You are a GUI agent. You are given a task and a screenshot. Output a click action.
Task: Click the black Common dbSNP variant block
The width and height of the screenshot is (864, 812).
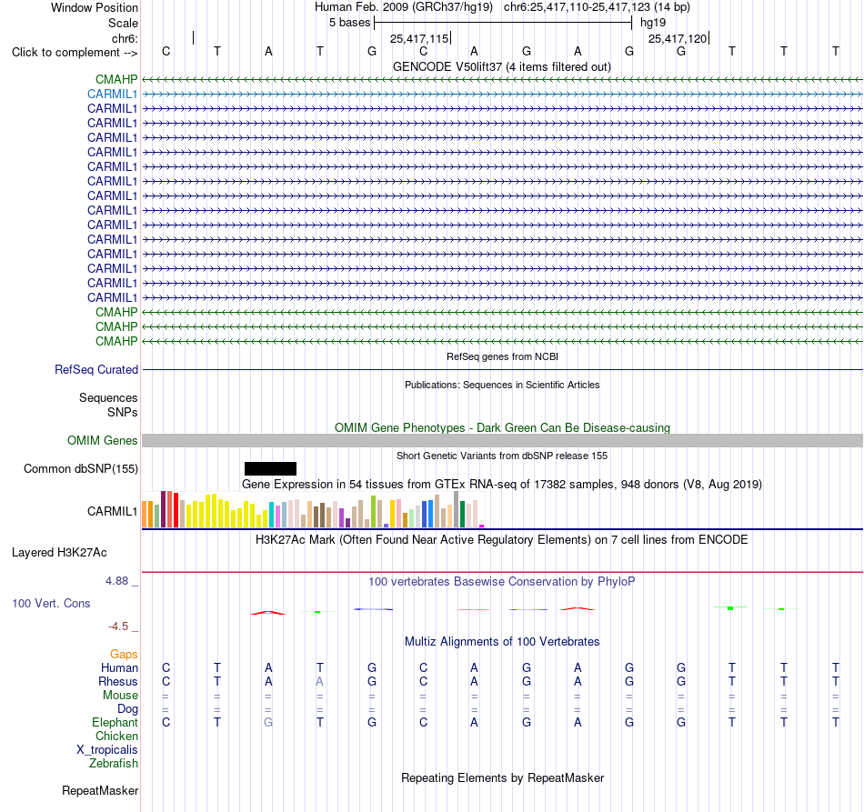pos(270,469)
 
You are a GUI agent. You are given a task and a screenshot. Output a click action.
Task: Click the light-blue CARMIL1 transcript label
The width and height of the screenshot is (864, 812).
pos(113,95)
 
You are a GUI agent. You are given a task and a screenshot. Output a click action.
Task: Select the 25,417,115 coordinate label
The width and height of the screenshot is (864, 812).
pos(419,38)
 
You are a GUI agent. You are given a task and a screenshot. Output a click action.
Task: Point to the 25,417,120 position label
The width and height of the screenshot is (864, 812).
pos(678,38)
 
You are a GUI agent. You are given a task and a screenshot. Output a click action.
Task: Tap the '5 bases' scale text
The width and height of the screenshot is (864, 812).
pos(350,23)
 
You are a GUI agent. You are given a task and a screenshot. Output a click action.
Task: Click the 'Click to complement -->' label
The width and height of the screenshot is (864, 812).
pos(75,53)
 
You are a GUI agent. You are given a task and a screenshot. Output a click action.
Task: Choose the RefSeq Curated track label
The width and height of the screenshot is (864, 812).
pos(96,370)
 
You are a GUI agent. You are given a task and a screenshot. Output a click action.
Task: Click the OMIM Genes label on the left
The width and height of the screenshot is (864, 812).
pos(103,441)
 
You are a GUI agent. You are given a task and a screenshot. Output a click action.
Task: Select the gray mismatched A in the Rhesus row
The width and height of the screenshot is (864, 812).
pos(319,681)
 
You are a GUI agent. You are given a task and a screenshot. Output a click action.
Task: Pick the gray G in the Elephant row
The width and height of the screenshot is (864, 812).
pos(268,722)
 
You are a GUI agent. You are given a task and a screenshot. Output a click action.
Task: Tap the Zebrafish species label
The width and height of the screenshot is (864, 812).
pos(114,764)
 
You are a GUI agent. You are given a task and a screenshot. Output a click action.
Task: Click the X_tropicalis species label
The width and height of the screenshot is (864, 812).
pos(107,750)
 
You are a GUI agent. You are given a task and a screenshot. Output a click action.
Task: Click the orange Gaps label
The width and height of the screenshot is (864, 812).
pos(124,654)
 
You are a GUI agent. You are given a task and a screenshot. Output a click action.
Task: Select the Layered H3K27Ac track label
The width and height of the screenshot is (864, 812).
pos(59,553)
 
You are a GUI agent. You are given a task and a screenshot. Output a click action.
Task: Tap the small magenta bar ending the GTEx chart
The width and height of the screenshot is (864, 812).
pos(482,526)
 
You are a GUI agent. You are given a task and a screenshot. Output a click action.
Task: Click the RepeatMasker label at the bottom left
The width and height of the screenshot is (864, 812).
pos(100,790)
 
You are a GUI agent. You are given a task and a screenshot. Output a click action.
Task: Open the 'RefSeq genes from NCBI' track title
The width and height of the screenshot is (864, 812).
pos(503,356)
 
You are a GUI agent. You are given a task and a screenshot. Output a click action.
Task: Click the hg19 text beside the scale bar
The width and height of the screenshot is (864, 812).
pos(653,23)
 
